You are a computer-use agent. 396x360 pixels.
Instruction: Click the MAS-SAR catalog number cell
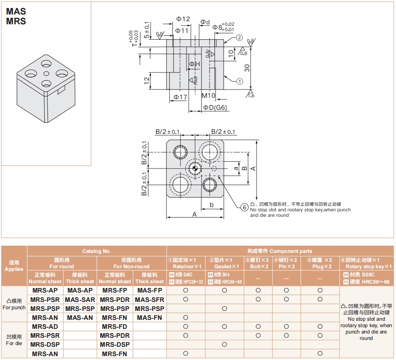tap(80, 300)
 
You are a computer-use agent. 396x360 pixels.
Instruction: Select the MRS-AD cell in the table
tap(45, 327)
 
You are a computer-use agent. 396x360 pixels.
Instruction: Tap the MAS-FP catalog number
tap(149, 290)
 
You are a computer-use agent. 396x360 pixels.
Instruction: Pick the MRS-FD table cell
tap(115, 327)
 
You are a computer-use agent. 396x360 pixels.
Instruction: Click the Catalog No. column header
tap(97, 251)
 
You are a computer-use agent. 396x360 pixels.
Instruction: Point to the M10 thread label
tap(208, 96)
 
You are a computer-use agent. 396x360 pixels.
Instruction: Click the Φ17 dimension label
tap(181, 97)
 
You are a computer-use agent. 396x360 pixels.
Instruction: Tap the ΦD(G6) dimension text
tap(215, 108)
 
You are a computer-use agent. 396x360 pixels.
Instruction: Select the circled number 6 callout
tap(244, 207)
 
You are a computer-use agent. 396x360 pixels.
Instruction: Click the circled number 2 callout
tap(239, 38)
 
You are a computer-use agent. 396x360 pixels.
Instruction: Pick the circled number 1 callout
tap(239, 81)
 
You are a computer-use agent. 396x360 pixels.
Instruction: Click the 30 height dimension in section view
tap(247, 68)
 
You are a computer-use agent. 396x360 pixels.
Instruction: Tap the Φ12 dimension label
tap(183, 19)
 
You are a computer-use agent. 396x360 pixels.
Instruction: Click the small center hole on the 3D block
tap(46, 73)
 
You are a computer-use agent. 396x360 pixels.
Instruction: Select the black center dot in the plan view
tap(195, 168)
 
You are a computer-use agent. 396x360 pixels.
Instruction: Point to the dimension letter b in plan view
tap(212, 205)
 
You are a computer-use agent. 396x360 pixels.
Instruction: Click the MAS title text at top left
tap(16, 12)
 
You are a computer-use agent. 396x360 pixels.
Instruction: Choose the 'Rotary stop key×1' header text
tap(368, 267)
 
